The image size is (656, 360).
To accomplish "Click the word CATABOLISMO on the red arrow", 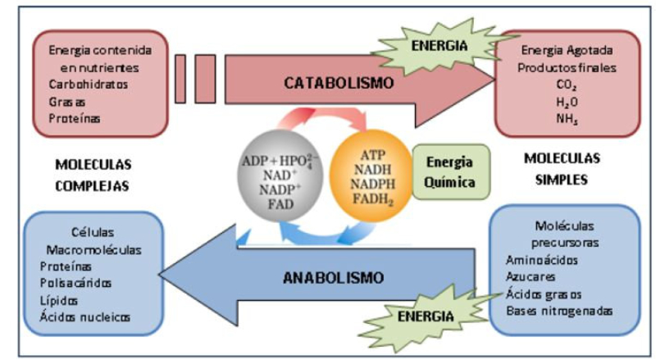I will (x=339, y=83).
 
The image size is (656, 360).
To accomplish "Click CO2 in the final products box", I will (x=567, y=85).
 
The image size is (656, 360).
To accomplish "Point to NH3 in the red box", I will (x=567, y=120).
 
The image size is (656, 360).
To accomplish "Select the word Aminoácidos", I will (x=544, y=260).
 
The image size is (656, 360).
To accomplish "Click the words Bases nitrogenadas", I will (x=559, y=311).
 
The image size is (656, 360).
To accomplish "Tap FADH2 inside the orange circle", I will (x=371, y=198).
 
